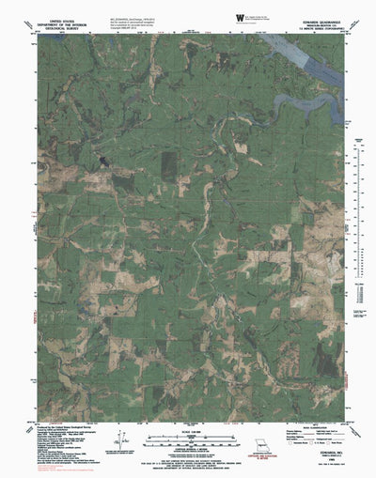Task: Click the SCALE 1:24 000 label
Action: click(x=188, y=431)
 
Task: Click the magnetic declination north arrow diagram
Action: click(x=119, y=440)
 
